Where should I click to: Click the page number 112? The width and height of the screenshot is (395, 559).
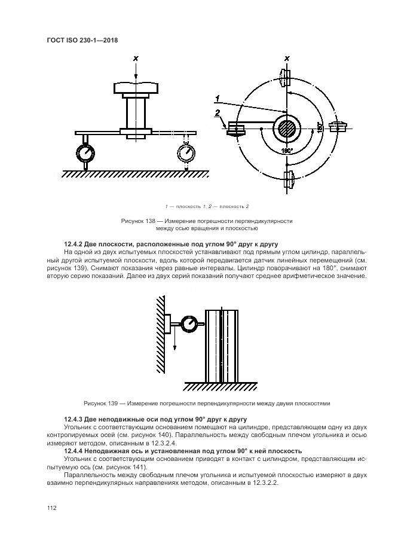click(51, 508)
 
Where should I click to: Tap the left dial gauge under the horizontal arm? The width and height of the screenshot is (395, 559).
click(87, 152)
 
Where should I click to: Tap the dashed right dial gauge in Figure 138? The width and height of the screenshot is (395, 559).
click(187, 152)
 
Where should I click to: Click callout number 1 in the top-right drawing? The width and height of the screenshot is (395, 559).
click(219, 98)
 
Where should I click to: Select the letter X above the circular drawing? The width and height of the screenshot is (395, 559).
click(287, 58)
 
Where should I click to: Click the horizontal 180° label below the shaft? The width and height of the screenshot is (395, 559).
click(287, 151)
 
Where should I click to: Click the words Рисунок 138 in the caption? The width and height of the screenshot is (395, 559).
click(139, 221)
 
